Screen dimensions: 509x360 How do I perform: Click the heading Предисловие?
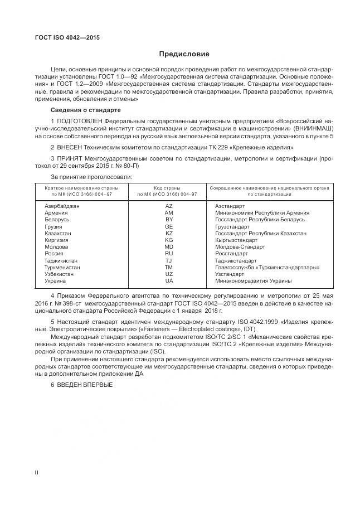(x=184, y=54)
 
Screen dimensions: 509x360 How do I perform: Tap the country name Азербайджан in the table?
(x=62, y=206)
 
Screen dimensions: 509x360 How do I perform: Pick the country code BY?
(x=169, y=220)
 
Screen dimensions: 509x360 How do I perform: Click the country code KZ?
(x=169, y=233)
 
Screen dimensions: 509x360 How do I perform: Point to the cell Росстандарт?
(x=231, y=253)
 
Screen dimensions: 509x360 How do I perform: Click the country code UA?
(x=169, y=280)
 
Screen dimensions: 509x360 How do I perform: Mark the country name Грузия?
(x=53, y=226)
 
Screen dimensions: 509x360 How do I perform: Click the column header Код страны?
(x=167, y=188)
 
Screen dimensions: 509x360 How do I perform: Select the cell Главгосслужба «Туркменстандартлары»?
(x=267, y=266)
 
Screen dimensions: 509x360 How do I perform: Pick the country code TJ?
(x=169, y=260)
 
